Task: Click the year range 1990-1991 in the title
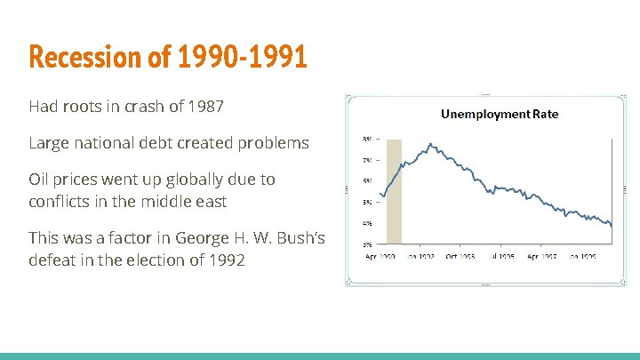pos(241,57)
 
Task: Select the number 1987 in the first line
pos(205,107)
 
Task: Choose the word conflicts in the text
pos(60,202)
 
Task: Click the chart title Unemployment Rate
pos(500,114)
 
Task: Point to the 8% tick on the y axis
pos(367,140)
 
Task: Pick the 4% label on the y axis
pos(367,223)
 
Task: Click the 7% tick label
pos(367,161)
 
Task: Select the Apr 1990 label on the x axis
pos(382,255)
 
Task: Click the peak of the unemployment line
pos(430,143)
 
